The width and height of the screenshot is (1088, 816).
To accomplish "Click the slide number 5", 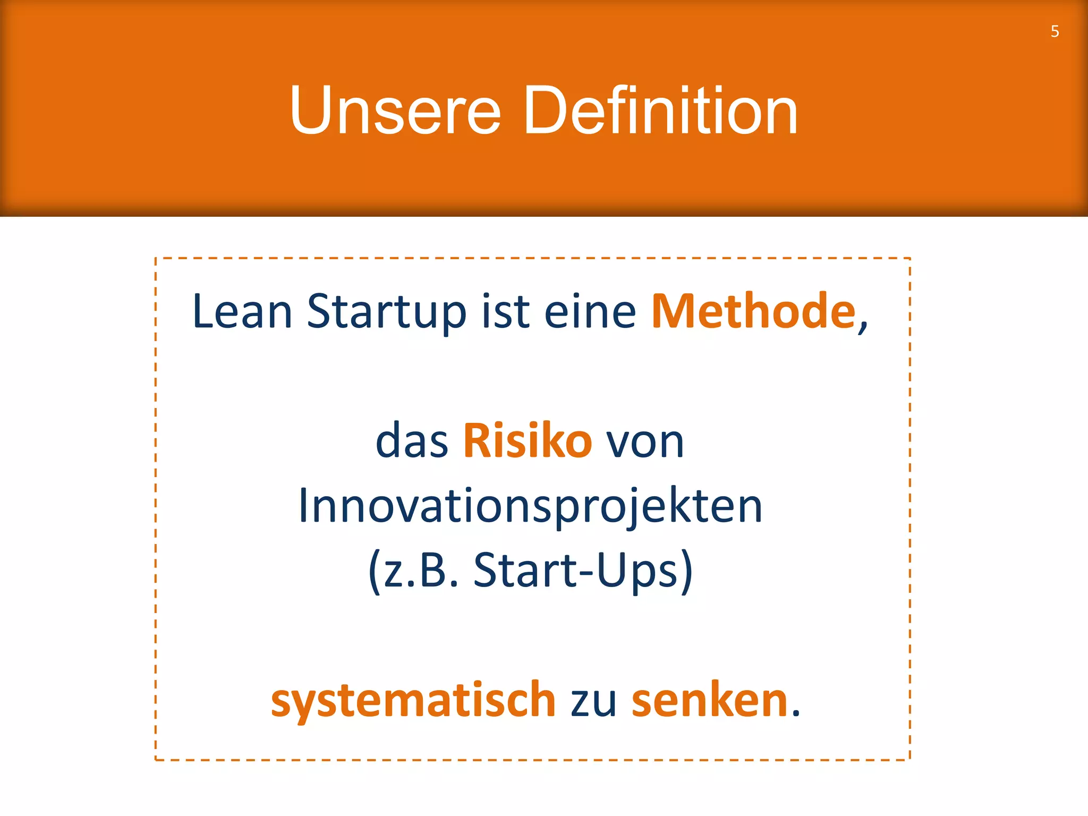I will click(1055, 31).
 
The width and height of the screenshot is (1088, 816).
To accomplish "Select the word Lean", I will click(242, 311).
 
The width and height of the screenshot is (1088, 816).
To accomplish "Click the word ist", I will click(505, 311).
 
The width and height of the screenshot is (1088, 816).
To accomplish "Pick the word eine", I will click(590, 311).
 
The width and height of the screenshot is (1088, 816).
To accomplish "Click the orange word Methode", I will click(753, 311).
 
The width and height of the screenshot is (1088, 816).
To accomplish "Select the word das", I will click(412, 441).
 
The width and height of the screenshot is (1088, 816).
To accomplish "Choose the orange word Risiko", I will click(527, 441).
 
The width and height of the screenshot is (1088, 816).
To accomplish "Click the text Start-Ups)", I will click(583, 571).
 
